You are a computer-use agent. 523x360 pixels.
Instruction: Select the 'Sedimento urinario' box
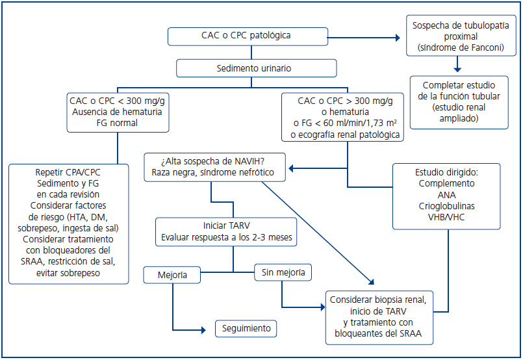click(256, 68)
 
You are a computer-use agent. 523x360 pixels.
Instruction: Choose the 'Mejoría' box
click(172, 276)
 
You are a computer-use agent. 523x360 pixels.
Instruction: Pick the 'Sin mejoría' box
click(283, 272)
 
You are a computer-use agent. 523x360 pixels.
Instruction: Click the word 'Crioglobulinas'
click(446, 206)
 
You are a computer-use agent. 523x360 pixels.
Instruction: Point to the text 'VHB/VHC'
click(446, 217)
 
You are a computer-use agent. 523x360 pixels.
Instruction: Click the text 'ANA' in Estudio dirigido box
click(446, 195)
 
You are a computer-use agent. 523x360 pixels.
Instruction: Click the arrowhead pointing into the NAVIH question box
click(291, 169)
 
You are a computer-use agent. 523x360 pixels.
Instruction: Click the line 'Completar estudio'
click(459, 85)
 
